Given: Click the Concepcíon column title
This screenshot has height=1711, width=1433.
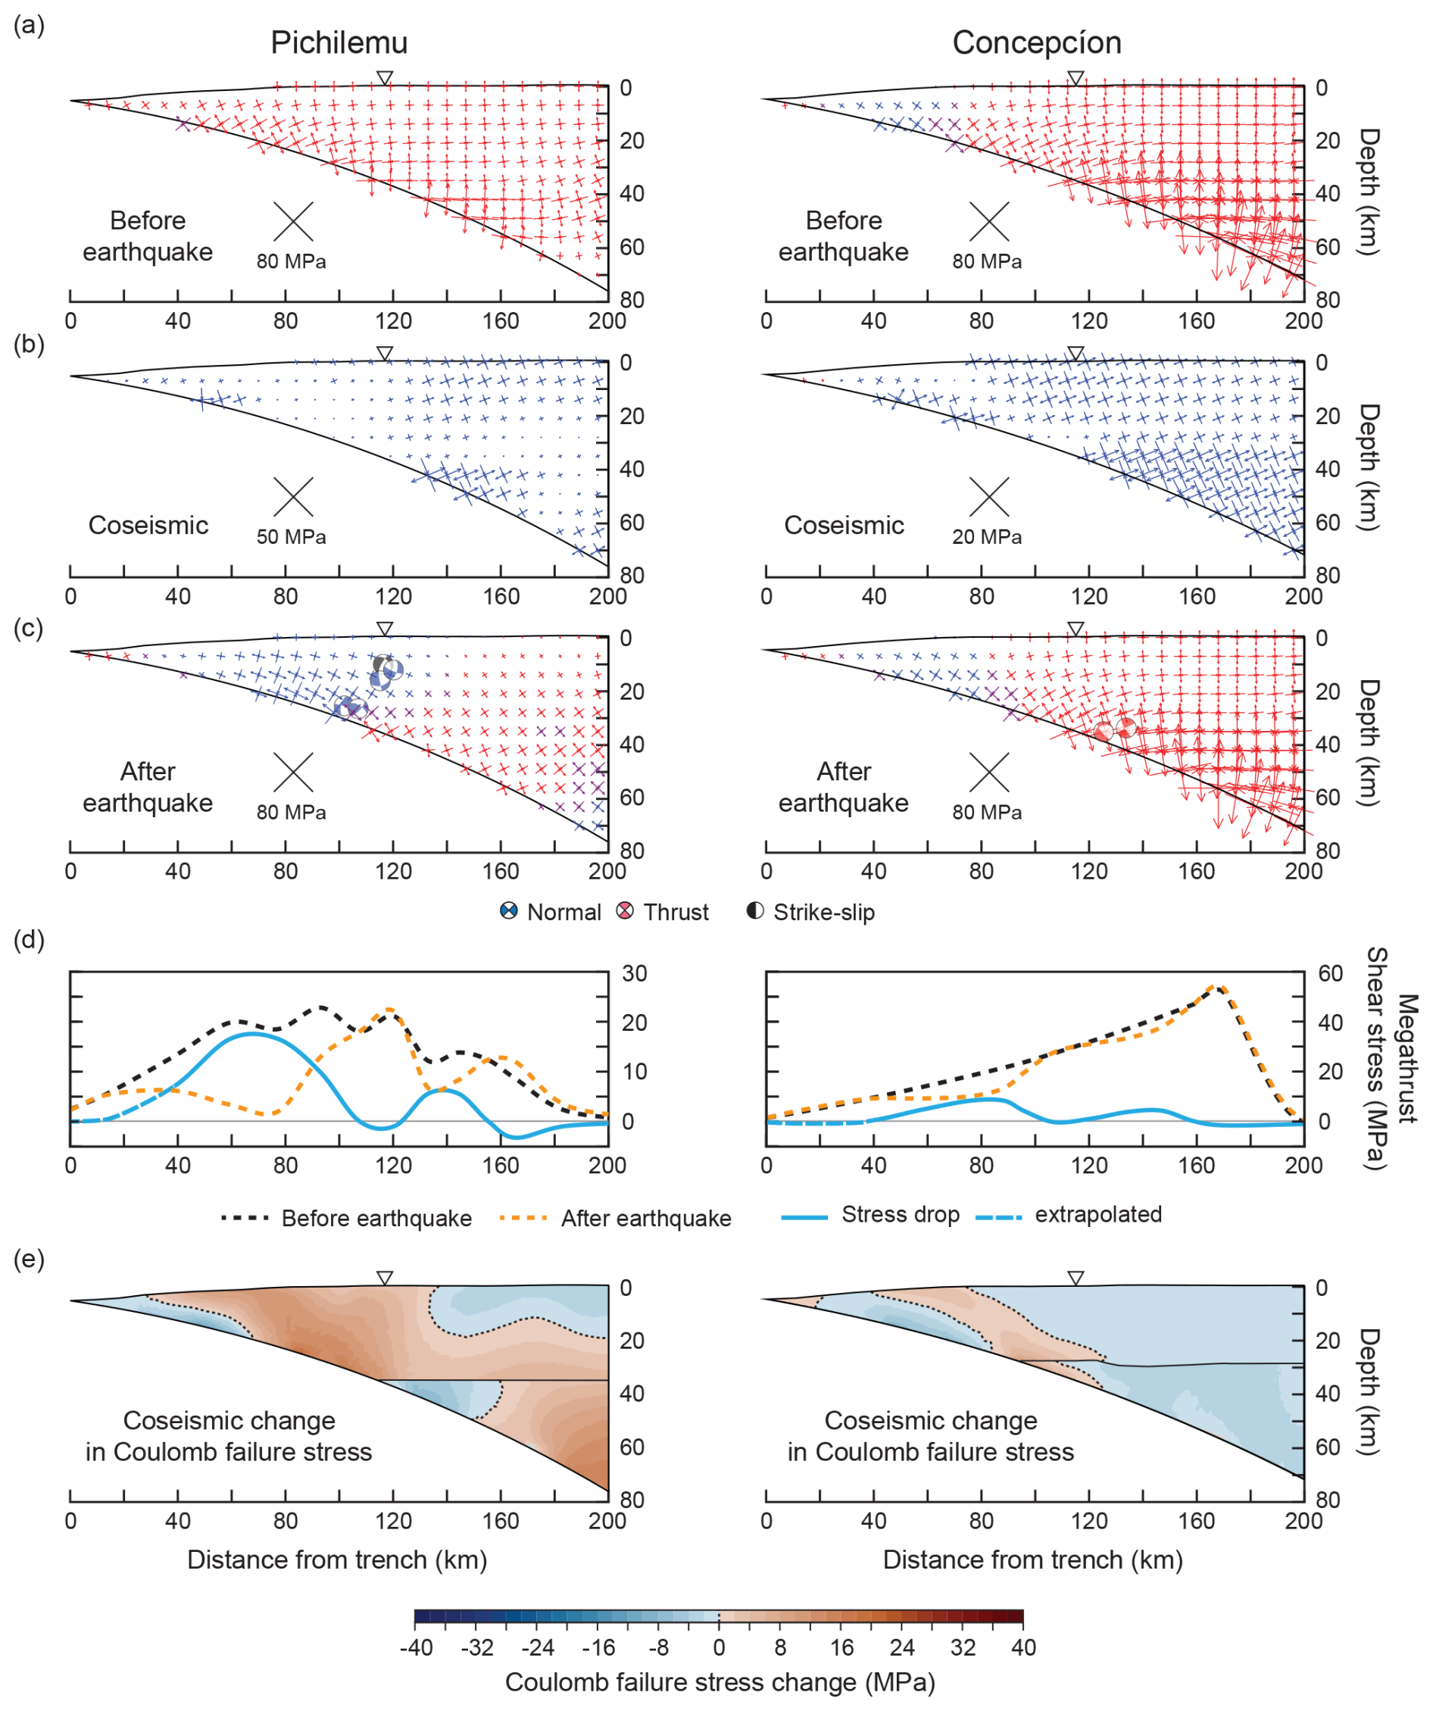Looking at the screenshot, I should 1036,42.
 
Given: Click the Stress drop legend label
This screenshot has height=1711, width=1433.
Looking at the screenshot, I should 901,1214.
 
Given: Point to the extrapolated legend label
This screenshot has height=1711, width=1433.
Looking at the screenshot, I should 1097,1214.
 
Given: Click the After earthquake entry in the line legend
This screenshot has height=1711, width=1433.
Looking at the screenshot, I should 645,1218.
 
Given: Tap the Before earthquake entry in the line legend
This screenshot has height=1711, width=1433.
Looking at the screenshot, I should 376,1218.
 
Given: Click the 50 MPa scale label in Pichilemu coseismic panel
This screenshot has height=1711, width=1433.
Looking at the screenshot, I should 292,537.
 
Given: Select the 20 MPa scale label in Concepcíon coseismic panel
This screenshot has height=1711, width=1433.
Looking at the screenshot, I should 987,537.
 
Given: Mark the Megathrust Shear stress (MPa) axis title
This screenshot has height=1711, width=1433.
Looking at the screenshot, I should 1391,1058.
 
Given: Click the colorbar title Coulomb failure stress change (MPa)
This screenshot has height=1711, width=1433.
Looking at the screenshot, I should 720,1681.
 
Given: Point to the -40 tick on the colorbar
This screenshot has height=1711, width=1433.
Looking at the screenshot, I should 417,1647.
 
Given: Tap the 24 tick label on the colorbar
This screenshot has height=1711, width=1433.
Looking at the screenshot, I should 902,1647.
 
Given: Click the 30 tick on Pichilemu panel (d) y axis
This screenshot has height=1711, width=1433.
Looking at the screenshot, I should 634,973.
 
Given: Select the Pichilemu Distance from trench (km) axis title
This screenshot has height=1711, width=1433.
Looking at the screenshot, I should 337,1560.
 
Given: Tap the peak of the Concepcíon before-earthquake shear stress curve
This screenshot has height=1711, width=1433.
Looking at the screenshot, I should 1215,987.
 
